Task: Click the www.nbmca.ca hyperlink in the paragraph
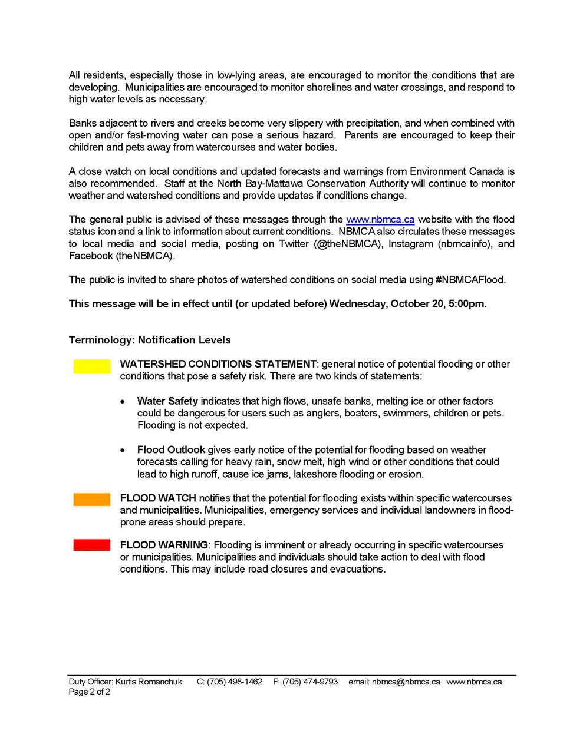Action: pyautogui.click(x=380, y=220)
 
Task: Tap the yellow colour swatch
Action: pyautogui.click(x=92, y=366)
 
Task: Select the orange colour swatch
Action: pyautogui.click(x=92, y=500)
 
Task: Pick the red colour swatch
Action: pyautogui.click(x=92, y=545)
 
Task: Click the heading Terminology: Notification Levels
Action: pyautogui.click(x=150, y=340)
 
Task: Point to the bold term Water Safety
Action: pyautogui.click(x=167, y=401)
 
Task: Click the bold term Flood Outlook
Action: pyautogui.click(x=171, y=450)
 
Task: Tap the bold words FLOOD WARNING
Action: pyautogui.click(x=164, y=545)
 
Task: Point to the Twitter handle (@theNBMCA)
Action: pyautogui.click(x=348, y=244)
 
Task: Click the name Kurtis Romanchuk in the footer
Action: pyautogui.click(x=149, y=682)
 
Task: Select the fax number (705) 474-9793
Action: pyautogui.click(x=310, y=682)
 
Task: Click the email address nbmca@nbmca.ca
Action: pyautogui.click(x=406, y=682)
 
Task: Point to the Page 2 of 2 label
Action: pyautogui.click(x=89, y=692)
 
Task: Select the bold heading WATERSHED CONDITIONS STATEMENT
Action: pyautogui.click(x=218, y=364)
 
